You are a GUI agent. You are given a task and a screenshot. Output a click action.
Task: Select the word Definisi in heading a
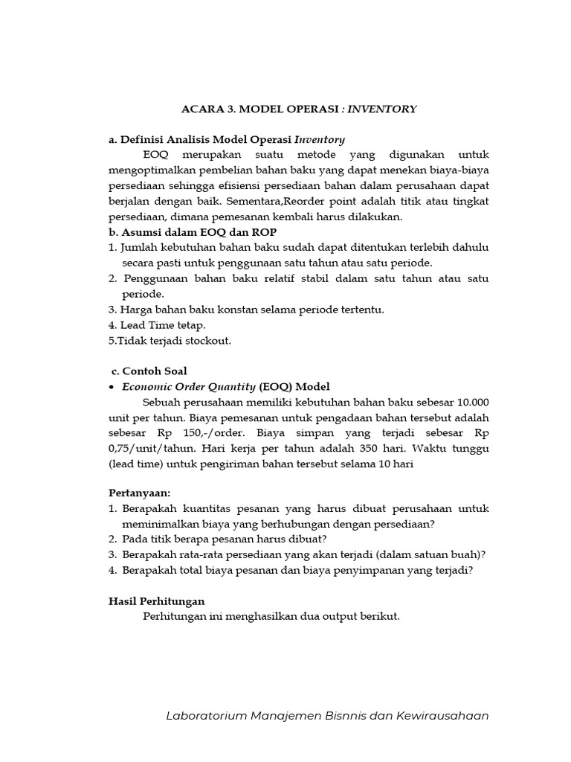point(143,139)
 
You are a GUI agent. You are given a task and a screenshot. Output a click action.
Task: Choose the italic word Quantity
point(226,387)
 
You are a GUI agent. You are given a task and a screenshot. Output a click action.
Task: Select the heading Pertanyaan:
point(138,493)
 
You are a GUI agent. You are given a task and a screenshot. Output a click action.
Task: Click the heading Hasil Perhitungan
point(157,601)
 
